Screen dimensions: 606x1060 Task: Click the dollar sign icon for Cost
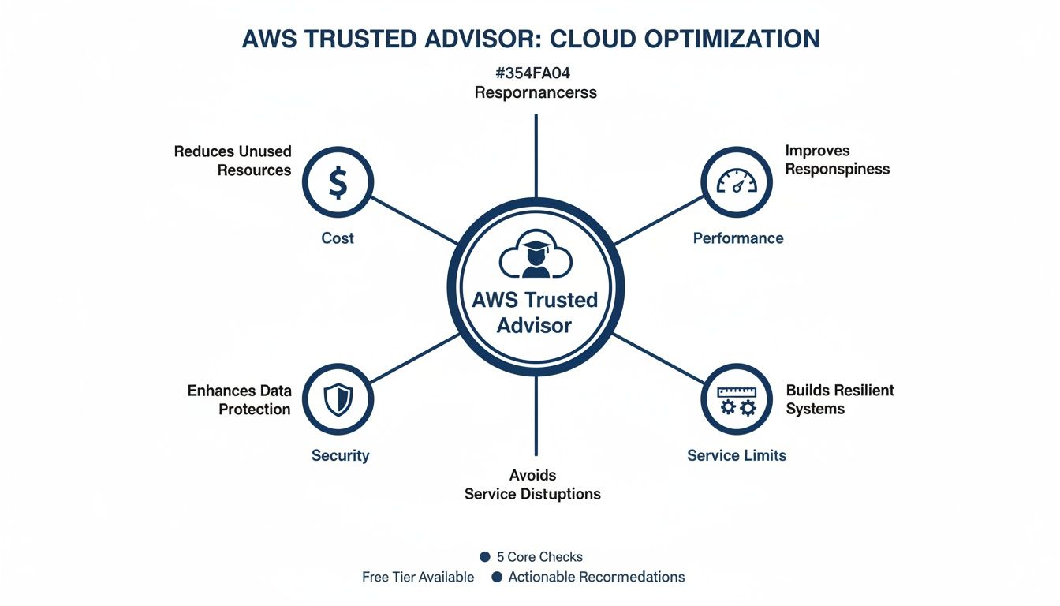(338, 184)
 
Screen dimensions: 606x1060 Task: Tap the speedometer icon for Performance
(737, 183)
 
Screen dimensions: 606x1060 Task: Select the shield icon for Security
(338, 400)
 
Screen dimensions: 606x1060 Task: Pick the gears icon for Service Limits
(737, 400)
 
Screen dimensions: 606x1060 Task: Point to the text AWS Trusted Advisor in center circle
(535, 312)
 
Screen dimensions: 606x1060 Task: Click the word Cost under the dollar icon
(338, 238)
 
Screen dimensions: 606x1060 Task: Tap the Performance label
(738, 238)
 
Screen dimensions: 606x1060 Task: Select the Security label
(340, 455)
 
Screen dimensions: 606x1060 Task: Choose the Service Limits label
(737, 455)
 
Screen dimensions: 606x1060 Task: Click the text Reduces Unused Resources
(233, 161)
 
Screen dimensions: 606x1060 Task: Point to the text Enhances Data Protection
(240, 400)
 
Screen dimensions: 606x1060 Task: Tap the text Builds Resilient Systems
(839, 400)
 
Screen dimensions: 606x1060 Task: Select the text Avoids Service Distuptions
(532, 485)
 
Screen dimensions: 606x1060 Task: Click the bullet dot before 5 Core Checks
(485, 557)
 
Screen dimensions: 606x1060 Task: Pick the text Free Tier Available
(418, 578)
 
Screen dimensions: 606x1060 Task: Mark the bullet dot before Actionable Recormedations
(497, 578)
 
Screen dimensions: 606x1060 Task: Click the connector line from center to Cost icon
(415, 220)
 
